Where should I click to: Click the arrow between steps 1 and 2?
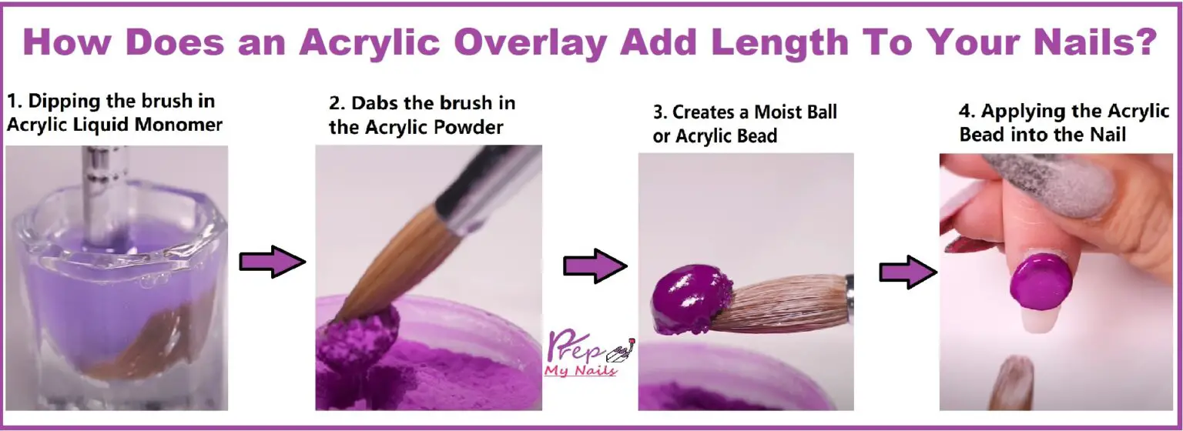point(272,262)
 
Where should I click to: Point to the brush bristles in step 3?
point(786,304)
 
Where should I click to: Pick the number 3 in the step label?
point(659,112)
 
